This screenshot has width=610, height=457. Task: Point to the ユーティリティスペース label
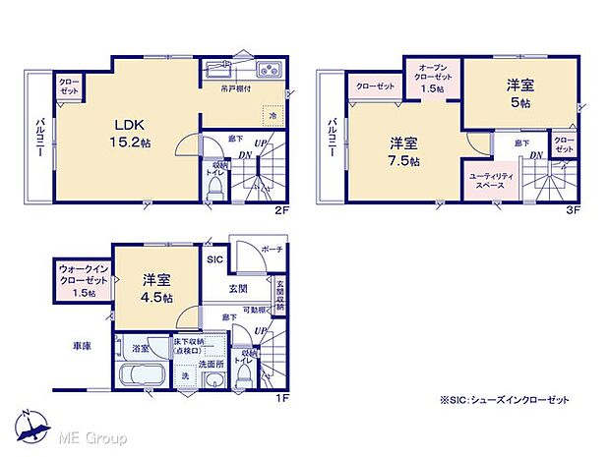(x=488, y=182)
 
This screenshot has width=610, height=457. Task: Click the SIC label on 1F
(x=214, y=259)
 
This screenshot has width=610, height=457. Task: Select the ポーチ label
(x=274, y=250)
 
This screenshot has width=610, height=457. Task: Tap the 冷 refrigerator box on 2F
(x=273, y=116)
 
